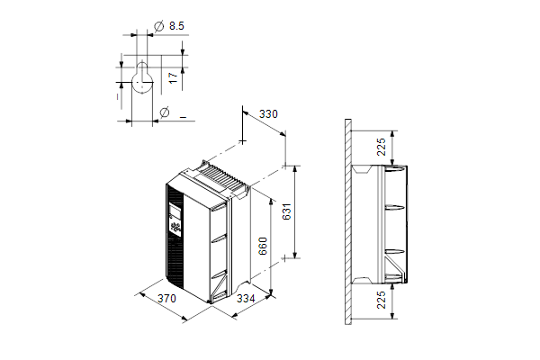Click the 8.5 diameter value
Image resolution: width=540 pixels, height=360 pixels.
pos(176,26)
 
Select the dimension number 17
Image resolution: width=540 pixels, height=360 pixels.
pos(174,77)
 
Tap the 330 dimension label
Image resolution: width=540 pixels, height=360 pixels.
pos(268,114)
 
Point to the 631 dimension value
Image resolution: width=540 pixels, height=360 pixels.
pos(286,211)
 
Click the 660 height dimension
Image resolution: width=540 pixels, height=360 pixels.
pos(263,246)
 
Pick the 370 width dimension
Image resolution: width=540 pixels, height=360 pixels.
pos(166,298)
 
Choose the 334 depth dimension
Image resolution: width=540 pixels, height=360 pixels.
pos(246,298)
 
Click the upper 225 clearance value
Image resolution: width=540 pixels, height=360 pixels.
pos(382,147)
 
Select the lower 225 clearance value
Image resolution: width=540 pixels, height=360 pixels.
pos(382,300)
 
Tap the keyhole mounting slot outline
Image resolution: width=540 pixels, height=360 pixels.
pos(142,78)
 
